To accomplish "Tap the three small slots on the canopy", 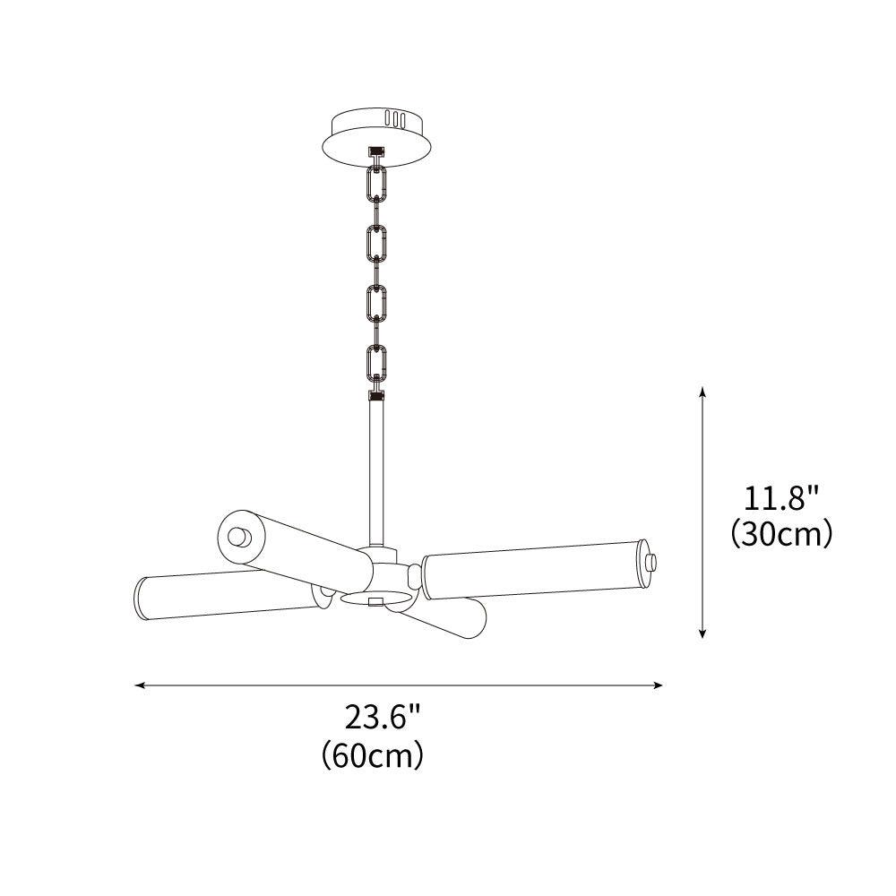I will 394,118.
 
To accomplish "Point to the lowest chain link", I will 376,363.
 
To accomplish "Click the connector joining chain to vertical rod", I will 376,394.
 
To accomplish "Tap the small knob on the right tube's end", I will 652,563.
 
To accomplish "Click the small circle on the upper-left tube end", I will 238,538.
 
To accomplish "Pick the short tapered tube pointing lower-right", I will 444,618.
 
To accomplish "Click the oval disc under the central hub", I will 376,599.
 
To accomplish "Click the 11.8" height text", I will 782,497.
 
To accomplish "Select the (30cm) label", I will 782,534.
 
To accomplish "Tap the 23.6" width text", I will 383,718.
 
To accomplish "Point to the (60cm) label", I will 372,755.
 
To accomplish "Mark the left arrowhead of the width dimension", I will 140,685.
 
